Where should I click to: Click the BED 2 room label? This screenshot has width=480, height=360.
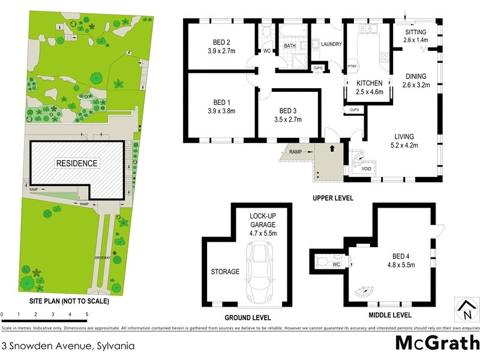point(219,41)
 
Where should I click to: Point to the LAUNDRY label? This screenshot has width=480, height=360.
point(331,44)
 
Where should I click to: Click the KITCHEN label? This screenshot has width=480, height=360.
point(370,83)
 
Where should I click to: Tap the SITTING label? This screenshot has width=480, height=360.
point(415,31)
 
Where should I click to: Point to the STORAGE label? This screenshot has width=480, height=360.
point(225,272)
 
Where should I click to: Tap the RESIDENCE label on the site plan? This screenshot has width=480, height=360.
point(77,163)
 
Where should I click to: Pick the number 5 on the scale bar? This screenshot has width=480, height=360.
point(87,314)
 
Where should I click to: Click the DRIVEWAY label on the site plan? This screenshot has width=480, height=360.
point(102,257)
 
